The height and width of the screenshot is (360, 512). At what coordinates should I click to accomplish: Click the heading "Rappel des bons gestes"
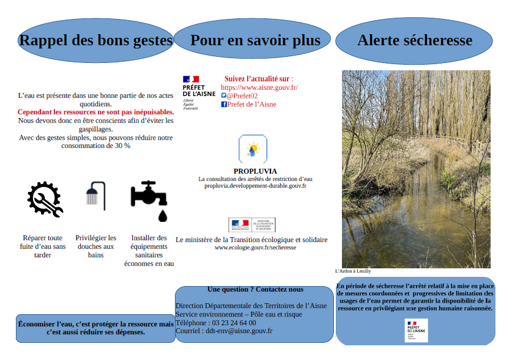[96, 40]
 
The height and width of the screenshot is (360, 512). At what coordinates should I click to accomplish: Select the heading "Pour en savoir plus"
[255, 40]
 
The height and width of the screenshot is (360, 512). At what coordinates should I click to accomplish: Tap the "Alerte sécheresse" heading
[415, 40]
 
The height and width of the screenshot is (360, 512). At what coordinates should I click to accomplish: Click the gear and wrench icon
[45, 199]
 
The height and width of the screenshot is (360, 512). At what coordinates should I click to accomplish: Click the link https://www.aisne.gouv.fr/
[259, 87]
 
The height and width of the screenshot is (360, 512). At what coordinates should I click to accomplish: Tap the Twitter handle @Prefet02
[242, 96]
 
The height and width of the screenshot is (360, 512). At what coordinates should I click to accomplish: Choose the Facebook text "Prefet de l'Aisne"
[251, 105]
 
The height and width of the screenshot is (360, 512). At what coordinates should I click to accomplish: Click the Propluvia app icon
[253, 149]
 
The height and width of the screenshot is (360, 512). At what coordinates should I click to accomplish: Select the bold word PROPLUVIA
[255, 171]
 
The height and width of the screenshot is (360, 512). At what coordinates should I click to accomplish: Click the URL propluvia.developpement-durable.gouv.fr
[255, 185]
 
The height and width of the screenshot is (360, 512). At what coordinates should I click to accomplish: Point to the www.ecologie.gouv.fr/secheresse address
[255, 248]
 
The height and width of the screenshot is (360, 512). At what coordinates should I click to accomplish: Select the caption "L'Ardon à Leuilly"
[353, 271]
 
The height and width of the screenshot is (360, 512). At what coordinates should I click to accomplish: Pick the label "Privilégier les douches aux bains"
[96, 246]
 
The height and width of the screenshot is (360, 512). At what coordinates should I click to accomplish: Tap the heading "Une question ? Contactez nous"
[255, 289]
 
